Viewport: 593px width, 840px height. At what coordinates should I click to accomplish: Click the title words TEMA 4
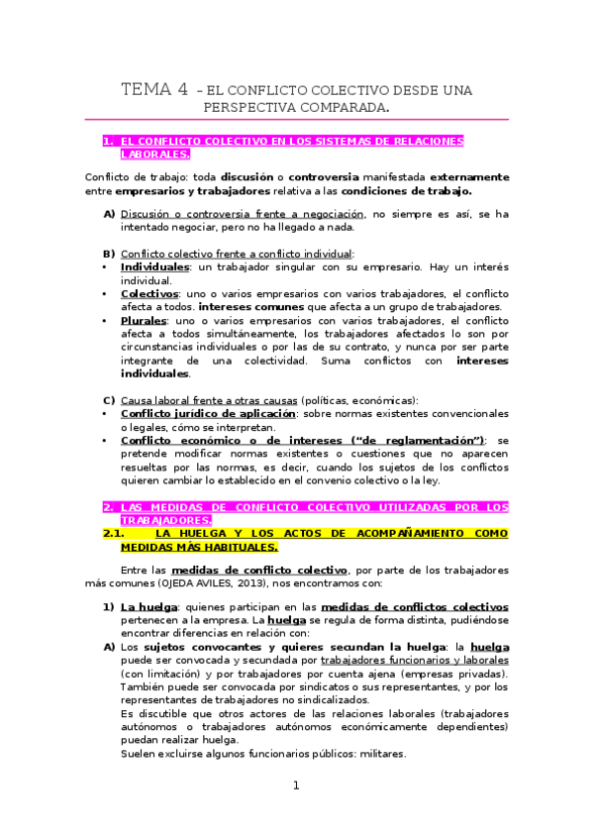(154, 90)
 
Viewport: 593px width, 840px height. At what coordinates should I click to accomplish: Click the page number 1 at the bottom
(295, 786)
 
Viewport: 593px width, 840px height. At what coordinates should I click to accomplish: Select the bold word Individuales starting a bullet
(154, 267)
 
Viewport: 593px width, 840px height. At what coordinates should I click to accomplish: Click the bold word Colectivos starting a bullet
(149, 294)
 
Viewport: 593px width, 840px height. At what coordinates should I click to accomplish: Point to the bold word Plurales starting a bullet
(143, 321)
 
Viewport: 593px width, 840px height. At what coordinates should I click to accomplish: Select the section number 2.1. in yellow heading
(120, 532)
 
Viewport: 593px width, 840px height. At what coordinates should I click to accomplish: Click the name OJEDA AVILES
(189, 582)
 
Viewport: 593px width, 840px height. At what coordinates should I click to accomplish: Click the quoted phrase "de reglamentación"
(423, 440)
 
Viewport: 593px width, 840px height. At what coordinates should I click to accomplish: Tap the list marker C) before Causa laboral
(109, 399)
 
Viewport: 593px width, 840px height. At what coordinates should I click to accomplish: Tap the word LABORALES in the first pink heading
(154, 156)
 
